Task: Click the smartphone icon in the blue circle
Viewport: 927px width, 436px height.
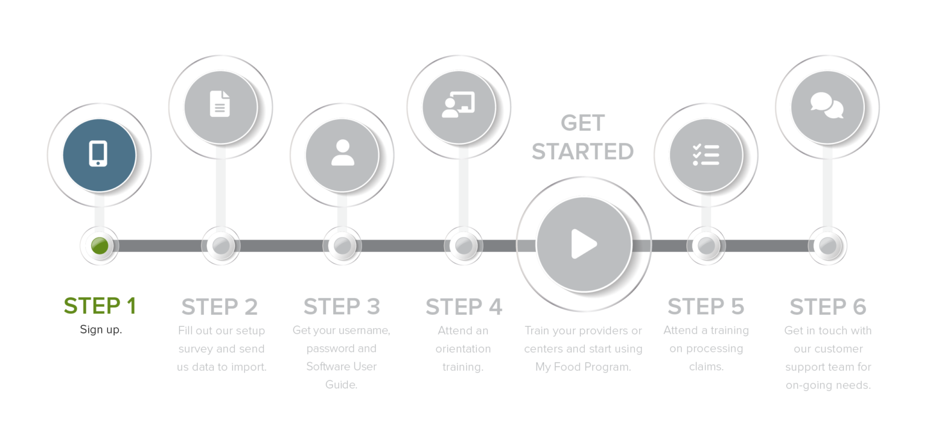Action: pyautogui.click(x=98, y=153)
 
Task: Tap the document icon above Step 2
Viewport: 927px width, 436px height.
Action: pyautogui.click(x=220, y=103)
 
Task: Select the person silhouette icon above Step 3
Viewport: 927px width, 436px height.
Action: pyautogui.click(x=342, y=153)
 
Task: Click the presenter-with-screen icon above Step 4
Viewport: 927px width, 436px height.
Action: pyautogui.click(x=458, y=104)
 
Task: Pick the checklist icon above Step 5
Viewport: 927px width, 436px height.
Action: pyautogui.click(x=706, y=154)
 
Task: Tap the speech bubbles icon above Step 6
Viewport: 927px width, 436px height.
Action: pyautogui.click(x=827, y=106)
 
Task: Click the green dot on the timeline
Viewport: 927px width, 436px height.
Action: pyautogui.click(x=99, y=245)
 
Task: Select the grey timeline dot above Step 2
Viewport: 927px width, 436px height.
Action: pyautogui.click(x=220, y=245)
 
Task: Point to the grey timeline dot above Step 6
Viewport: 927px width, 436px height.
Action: pyautogui.click(x=828, y=245)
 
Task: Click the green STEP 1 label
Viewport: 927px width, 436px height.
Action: pyautogui.click(x=100, y=306)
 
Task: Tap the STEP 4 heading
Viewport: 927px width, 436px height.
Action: pyautogui.click(x=463, y=307)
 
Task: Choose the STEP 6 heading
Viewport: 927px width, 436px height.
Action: pyautogui.click(x=827, y=307)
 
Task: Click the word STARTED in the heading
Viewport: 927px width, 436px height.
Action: pyautogui.click(x=582, y=151)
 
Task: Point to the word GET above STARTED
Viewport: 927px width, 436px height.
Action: pyautogui.click(x=582, y=124)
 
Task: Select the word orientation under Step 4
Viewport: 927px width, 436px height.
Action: pyautogui.click(x=463, y=349)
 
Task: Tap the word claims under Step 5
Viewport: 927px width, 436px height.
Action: pyautogui.click(x=706, y=367)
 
